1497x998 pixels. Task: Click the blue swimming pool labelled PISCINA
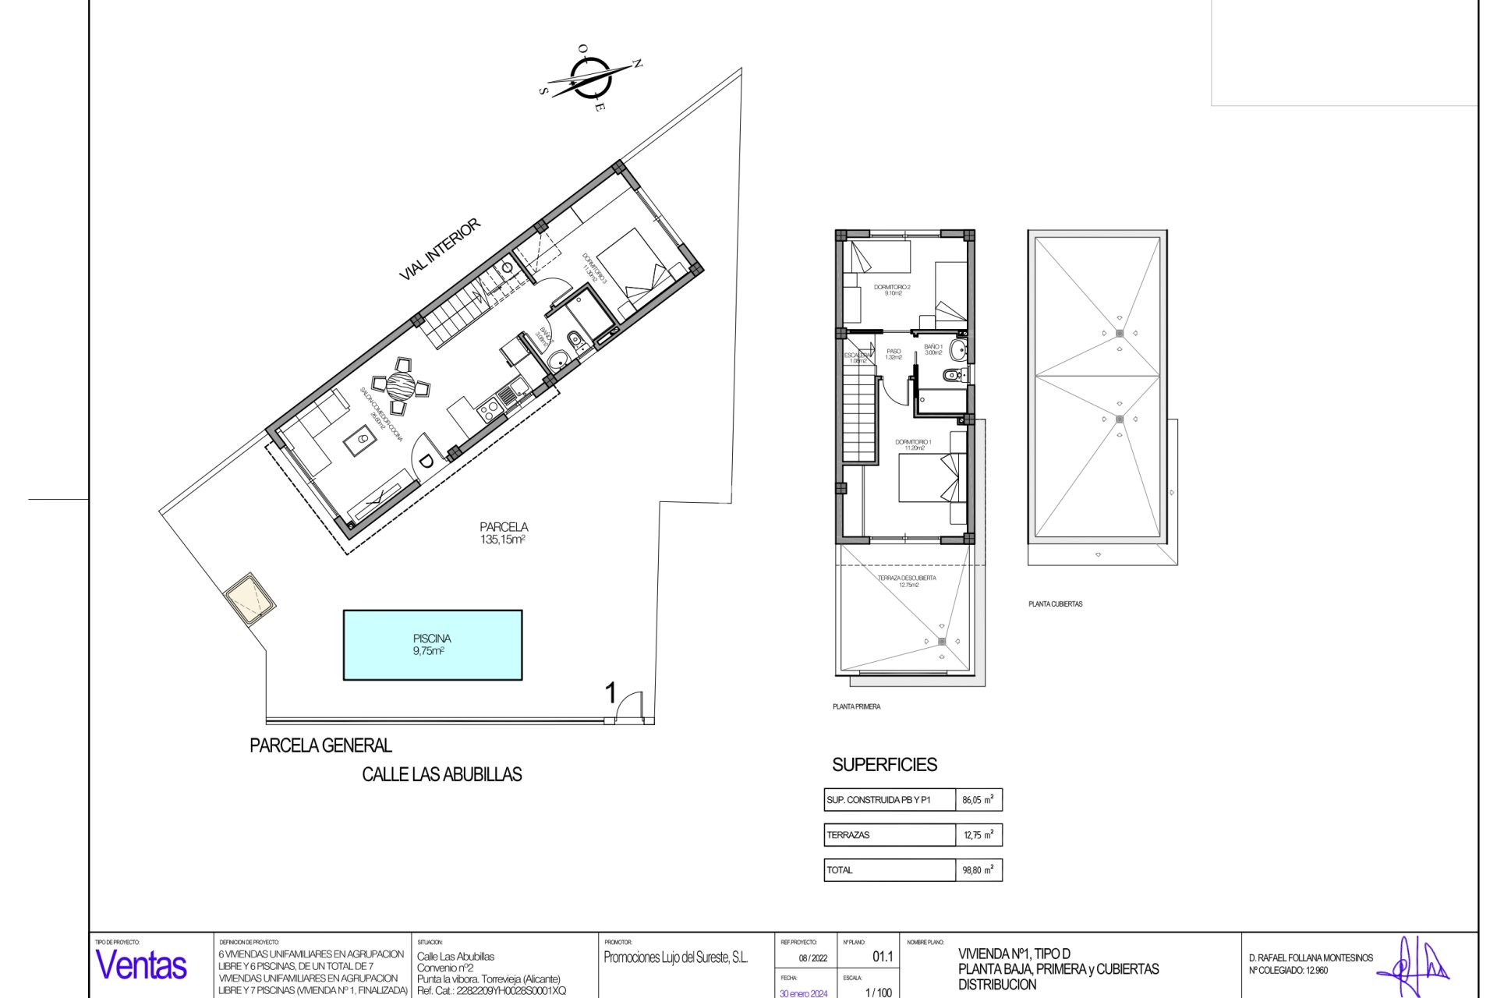pos(433,645)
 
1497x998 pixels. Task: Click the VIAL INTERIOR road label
pos(439,249)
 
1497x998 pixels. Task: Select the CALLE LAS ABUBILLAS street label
pos(442,774)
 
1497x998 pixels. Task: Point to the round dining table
pos(402,384)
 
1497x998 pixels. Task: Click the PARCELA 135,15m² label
pos(504,533)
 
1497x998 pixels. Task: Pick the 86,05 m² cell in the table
pos(978,800)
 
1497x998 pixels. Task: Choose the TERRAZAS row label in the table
pos(848,835)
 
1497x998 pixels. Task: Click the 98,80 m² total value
pos(978,870)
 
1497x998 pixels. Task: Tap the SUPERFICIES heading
pos(884,765)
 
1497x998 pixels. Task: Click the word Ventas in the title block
pos(141,966)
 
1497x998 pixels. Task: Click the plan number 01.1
pos(883,957)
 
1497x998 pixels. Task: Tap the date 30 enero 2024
pos(803,993)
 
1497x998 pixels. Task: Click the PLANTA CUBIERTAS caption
pos(1055,604)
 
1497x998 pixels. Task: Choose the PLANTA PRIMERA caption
pos(856,707)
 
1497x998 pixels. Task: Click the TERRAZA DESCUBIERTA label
pos(907,581)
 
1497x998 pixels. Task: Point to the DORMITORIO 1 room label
pos(913,444)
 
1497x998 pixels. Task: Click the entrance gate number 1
pos(610,692)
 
